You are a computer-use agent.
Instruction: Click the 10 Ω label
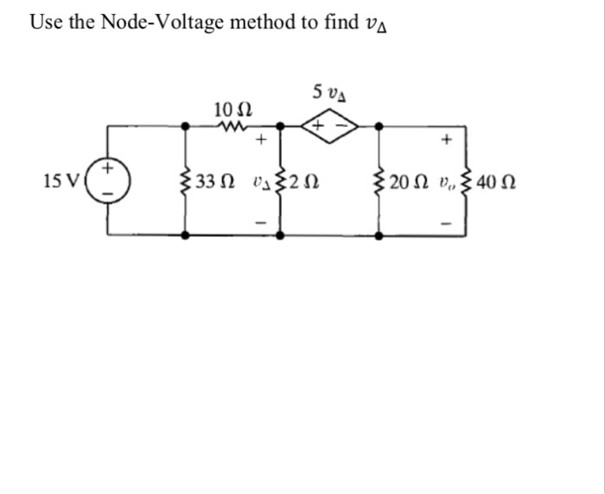pyautogui.click(x=232, y=110)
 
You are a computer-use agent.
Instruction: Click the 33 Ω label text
pyautogui.click(x=214, y=181)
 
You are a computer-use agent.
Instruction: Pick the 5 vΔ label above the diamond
pyautogui.click(x=330, y=91)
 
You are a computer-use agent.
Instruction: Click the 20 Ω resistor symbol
pyautogui.click(x=378, y=181)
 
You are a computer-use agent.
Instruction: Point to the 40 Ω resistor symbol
pyautogui.click(x=467, y=181)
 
